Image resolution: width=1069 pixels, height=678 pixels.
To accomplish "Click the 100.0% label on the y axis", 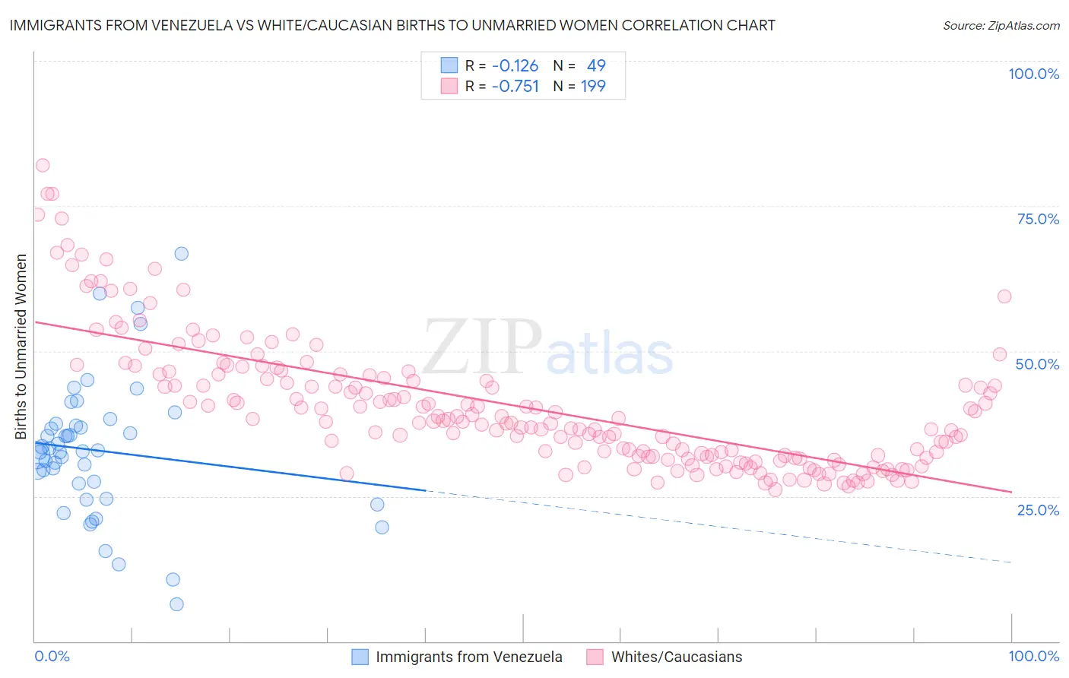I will [x=1033, y=74].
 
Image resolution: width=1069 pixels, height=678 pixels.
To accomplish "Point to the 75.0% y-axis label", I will [x=1038, y=219].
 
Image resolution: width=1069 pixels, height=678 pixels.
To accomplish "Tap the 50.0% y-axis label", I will [x=1037, y=364].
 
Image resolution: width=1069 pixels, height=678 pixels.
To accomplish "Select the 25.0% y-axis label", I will [x=1038, y=510].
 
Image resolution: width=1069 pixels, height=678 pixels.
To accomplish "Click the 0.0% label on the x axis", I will [x=52, y=656].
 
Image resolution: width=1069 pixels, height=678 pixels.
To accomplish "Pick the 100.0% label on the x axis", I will [x=1033, y=656].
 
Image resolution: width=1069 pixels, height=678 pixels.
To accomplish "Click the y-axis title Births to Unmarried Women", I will [x=21, y=347].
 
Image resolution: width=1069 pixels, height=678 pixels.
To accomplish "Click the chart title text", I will [x=392, y=25].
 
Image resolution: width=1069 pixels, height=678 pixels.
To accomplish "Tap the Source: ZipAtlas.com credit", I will [x=1001, y=25].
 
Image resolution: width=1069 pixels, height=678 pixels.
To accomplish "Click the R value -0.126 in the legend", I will [x=515, y=65].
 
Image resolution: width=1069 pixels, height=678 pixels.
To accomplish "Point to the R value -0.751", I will [x=515, y=86].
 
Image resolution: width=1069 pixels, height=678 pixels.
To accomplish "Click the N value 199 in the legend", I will [x=593, y=86].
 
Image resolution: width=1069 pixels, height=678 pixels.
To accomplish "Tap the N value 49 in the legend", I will [x=596, y=65].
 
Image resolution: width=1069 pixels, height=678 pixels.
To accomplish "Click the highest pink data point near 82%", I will [x=43, y=166].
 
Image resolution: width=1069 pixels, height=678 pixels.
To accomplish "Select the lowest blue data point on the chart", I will [x=176, y=604].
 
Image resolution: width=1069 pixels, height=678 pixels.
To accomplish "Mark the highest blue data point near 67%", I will [x=181, y=254].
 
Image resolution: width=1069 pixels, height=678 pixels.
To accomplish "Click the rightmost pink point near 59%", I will [x=1004, y=296].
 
